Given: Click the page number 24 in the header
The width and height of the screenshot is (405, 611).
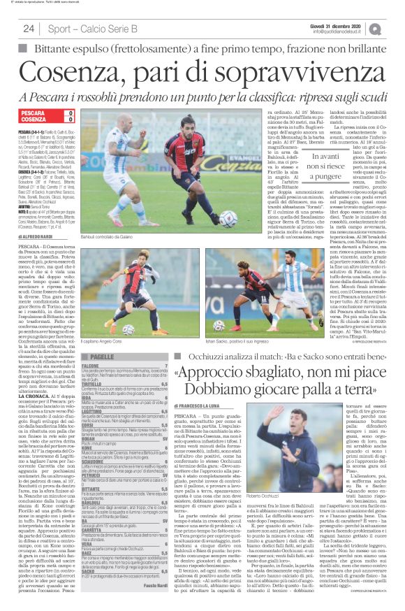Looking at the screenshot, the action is (29, 29).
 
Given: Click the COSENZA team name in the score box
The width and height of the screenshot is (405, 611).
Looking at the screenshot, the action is (34, 120).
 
